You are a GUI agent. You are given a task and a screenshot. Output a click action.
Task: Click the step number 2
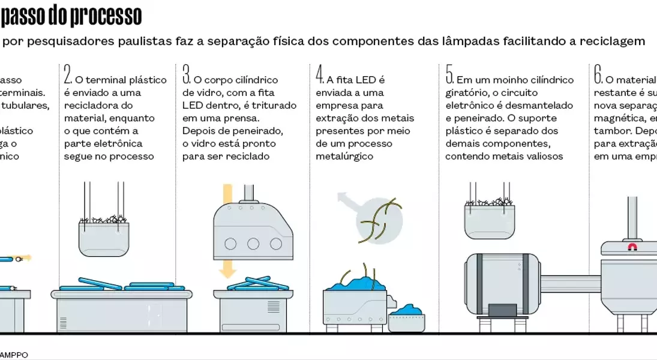click(x=68, y=74)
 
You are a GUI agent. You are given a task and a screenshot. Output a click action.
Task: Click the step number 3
click(x=186, y=74)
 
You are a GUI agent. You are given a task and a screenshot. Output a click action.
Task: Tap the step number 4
click(x=320, y=74)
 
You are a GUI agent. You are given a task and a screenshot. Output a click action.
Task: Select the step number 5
click(x=449, y=74)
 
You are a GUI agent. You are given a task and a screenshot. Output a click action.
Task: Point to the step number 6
click(x=598, y=74)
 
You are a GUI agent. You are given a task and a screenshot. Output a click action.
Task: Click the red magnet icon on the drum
click(x=632, y=247)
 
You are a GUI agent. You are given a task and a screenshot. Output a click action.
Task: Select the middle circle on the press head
click(x=253, y=244)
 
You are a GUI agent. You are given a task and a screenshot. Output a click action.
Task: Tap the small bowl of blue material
click(x=406, y=318)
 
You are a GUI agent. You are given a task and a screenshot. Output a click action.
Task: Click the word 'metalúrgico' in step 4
click(x=344, y=157)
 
